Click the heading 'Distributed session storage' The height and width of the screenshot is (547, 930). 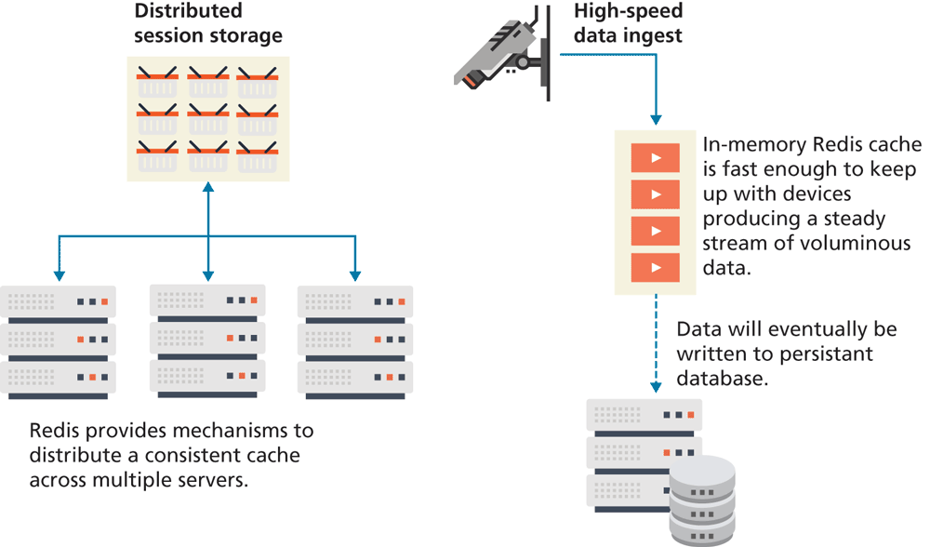click(x=207, y=23)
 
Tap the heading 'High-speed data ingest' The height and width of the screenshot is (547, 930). click(x=628, y=23)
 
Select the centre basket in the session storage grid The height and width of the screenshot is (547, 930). click(x=207, y=118)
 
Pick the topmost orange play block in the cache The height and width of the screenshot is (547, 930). click(x=657, y=158)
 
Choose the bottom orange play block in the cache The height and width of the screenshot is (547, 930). click(x=657, y=268)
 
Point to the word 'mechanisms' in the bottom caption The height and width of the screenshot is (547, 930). click(x=254, y=432)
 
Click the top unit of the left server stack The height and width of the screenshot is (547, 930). click(x=59, y=302)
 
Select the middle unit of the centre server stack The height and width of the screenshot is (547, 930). click(x=207, y=338)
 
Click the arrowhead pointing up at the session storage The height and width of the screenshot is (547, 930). click(x=207, y=188)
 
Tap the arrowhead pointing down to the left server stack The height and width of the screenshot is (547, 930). click(x=59, y=275)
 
